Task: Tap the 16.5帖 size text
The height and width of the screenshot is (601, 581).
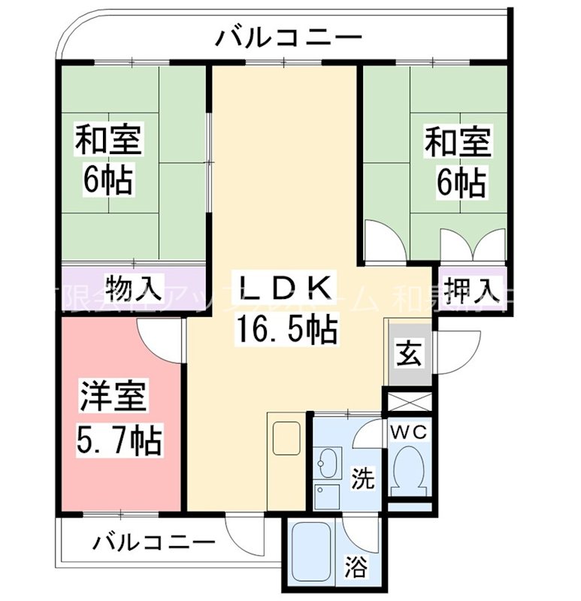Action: point(286,328)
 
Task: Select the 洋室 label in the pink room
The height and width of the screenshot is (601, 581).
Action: point(113,397)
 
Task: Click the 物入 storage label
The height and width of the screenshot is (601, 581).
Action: point(134,286)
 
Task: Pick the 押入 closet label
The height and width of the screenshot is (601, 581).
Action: point(471,287)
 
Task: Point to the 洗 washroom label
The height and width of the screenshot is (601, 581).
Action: point(364,478)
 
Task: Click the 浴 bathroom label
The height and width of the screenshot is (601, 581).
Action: point(357,567)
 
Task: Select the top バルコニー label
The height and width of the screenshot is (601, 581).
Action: point(289,36)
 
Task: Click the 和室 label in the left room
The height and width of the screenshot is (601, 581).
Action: point(108,140)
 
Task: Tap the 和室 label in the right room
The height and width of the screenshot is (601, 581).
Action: point(458,140)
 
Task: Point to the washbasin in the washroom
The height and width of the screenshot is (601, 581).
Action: point(328,461)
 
